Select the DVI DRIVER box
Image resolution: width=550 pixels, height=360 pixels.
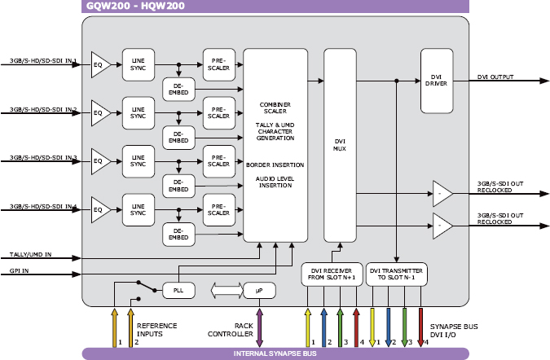pyautogui.click(x=436, y=81)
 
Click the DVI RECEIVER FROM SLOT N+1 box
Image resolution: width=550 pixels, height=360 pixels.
pyautogui.click(x=331, y=275)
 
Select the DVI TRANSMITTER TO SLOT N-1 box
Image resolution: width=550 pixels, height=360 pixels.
pyautogui.click(x=397, y=275)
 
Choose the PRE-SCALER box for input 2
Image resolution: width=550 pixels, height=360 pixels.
pyautogui.click(x=218, y=112)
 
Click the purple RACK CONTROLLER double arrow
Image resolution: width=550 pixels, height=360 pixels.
pyautogui.click(x=259, y=318)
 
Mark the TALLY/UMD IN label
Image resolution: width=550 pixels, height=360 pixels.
pyautogui.click(x=31, y=255)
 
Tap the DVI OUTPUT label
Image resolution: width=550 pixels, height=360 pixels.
pyautogui.click(x=495, y=77)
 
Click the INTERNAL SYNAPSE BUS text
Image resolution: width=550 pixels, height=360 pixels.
pyautogui.click(x=275, y=353)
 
